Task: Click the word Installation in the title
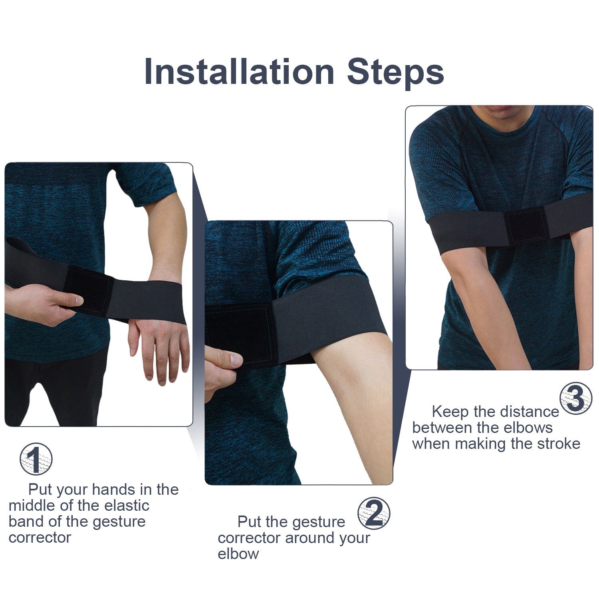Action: pos(239,72)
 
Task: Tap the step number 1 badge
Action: pos(36,459)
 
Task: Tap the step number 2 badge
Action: pos(374,514)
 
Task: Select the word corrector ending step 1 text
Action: pos(40,538)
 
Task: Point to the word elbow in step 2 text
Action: pos(238,554)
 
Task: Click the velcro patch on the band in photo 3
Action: pos(526,224)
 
